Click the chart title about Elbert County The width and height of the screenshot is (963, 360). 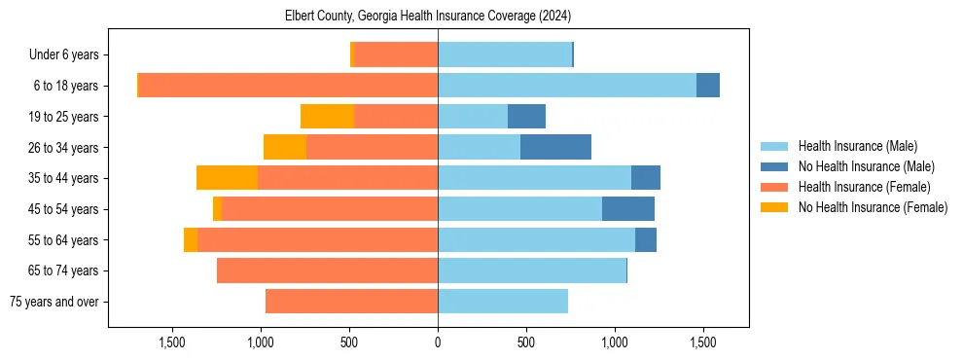pos(428,17)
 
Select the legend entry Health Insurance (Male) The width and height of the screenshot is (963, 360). pos(857,146)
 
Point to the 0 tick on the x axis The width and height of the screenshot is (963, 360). pos(438,342)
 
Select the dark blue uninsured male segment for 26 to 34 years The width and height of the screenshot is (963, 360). pos(555,147)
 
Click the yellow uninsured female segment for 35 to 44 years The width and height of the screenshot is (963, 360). pos(227,178)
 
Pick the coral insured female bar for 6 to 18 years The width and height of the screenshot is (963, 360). pos(288,86)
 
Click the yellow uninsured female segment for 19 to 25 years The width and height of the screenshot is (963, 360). pos(327,117)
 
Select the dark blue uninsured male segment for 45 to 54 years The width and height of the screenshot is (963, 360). pos(628,209)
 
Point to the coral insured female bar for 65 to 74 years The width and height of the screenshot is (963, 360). pos(327,270)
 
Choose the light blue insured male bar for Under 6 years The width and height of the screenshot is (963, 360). pos(505,54)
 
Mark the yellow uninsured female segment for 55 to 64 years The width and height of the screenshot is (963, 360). pos(191,240)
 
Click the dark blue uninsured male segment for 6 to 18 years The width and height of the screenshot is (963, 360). pos(708,86)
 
